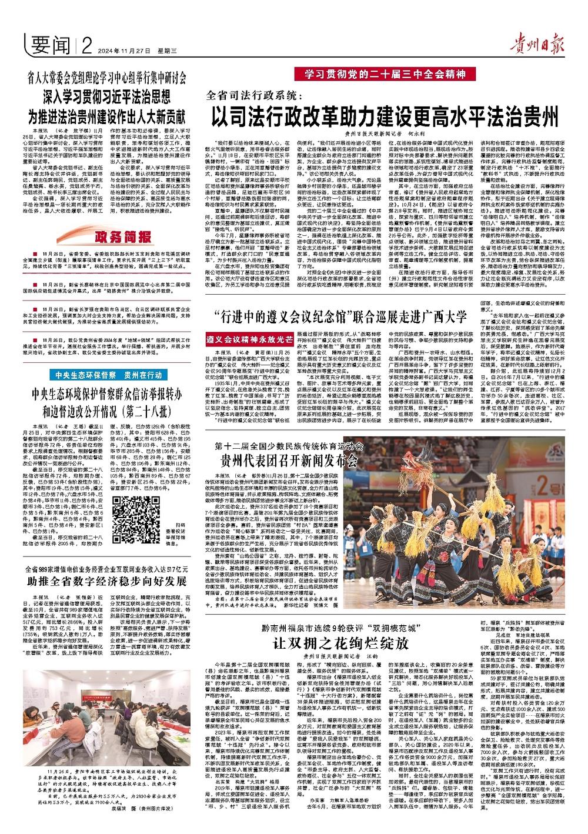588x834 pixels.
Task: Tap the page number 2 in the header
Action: point(88,45)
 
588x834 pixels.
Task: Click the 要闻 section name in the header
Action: point(52,44)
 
